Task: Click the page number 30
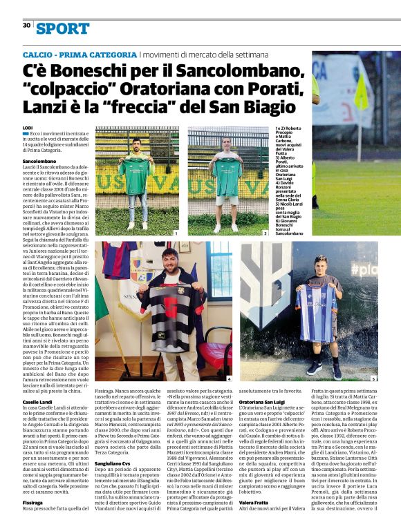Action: (x=26, y=25)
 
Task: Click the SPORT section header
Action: (x=63, y=28)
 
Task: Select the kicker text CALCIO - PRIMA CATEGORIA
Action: (x=80, y=54)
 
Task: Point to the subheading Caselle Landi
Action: (x=39, y=402)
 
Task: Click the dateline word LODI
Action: (x=28, y=128)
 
